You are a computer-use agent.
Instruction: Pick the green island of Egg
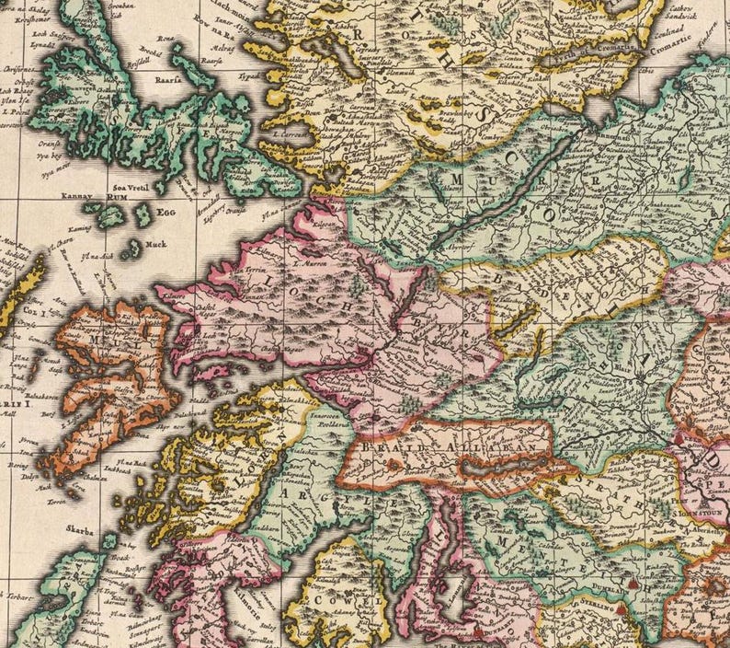143,215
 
